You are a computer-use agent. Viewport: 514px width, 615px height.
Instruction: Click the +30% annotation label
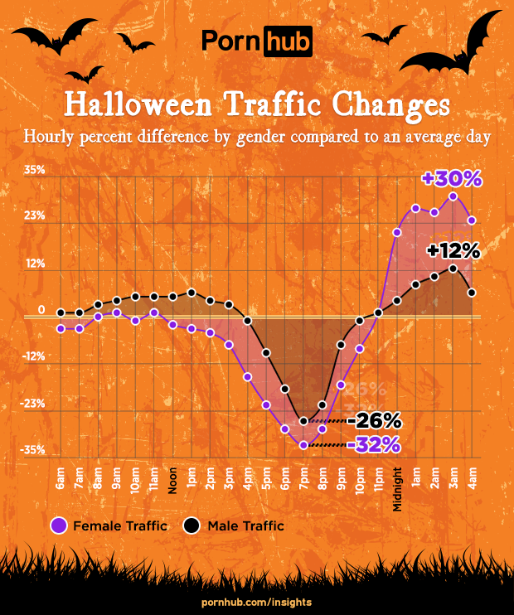coord(451,178)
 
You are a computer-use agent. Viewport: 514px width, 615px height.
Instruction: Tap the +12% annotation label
coord(453,249)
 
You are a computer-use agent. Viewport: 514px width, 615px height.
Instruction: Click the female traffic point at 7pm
coord(303,445)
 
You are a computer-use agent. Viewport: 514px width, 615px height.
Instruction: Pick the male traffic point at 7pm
coord(303,421)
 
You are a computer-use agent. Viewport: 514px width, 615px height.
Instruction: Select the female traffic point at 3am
coord(453,196)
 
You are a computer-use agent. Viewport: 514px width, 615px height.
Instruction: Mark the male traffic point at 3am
coord(453,268)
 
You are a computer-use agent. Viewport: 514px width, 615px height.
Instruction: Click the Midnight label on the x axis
coord(398,489)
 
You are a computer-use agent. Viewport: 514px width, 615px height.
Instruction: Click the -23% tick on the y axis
coord(34,403)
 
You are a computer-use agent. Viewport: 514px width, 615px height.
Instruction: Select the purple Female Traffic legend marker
coord(59,525)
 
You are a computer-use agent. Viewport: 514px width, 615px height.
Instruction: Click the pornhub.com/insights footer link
coord(257,599)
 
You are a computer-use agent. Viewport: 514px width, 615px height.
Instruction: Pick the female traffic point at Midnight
coord(397,232)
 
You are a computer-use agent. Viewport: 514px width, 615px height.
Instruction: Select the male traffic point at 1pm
coord(192,293)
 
